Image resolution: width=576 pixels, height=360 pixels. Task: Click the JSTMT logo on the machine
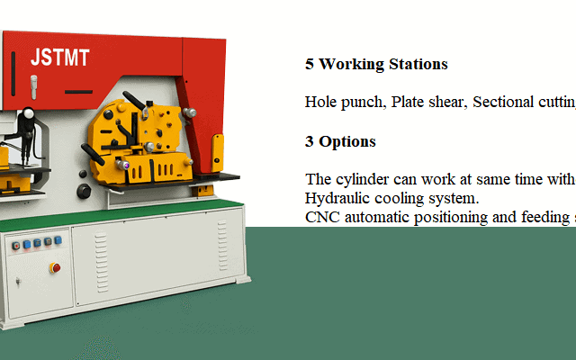pyautogui.click(x=60, y=58)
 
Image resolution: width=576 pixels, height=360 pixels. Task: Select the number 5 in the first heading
pyautogui.click(x=310, y=65)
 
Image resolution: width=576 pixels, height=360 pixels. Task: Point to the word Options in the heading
pyautogui.click(x=347, y=142)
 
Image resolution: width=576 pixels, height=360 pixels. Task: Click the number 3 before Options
pyautogui.click(x=310, y=142)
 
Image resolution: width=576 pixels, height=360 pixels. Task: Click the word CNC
pyautogui.click(x=321, y=216)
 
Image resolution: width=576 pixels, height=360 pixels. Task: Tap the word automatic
pyautogui.click(x=381, y=216)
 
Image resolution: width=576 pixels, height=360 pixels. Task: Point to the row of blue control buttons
pyautogui.click(x=37, y=243)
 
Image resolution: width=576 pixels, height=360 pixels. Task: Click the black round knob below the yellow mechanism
pyautogui.click(x=84, y=191)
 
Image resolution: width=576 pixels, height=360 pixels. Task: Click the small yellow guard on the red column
pyautogui.click(x=217, y=150)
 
